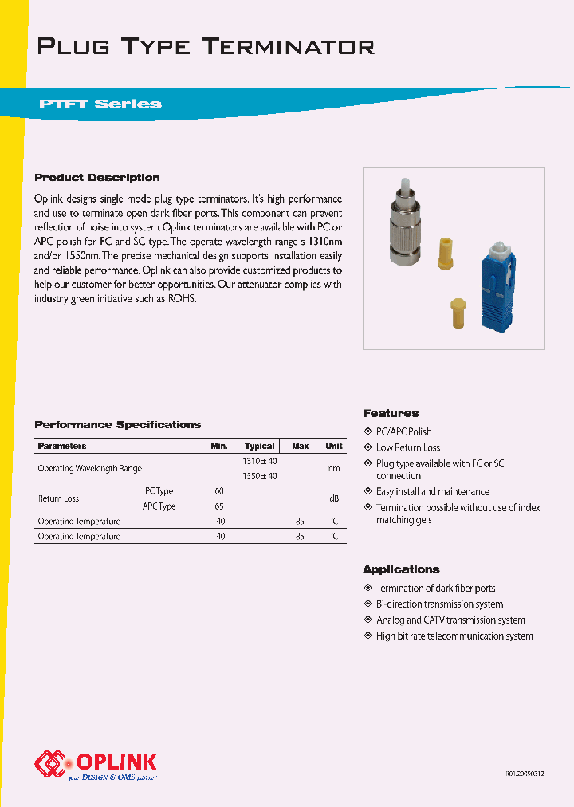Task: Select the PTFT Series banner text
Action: point(100,104)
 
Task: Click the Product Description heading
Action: point(97,178)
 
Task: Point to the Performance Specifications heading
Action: point(118,425)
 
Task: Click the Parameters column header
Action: point(62,446)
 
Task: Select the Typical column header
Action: point(260,446)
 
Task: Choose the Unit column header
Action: point(334,446)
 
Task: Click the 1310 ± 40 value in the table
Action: point(260,461)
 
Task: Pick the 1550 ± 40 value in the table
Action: point(260,476)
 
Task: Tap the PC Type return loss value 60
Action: point(219,491)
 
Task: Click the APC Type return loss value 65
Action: point(219,506)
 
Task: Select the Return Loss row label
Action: point(59,498)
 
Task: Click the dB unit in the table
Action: point(335,498)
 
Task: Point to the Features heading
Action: point(391,413)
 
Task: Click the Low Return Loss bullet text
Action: point(408,447)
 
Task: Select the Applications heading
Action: point(401,569)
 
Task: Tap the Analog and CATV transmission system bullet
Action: point(450,620)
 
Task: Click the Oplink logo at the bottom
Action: point(96,764)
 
